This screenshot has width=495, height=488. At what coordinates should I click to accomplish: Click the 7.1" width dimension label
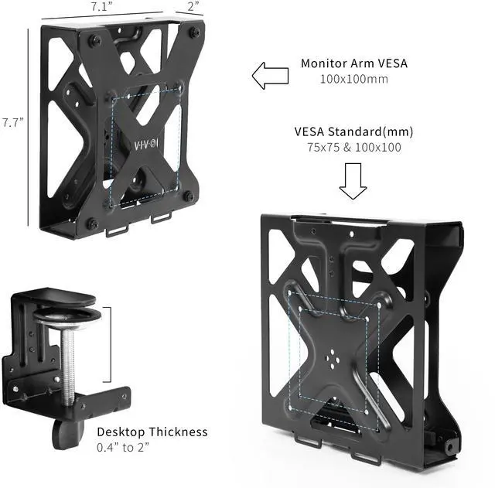99,7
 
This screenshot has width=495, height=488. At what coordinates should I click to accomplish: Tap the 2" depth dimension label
193,7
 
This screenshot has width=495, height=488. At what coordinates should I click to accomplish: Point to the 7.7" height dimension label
13,122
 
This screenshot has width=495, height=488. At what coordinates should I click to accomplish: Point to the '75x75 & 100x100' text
348,147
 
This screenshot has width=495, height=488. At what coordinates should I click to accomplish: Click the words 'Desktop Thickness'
152,432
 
